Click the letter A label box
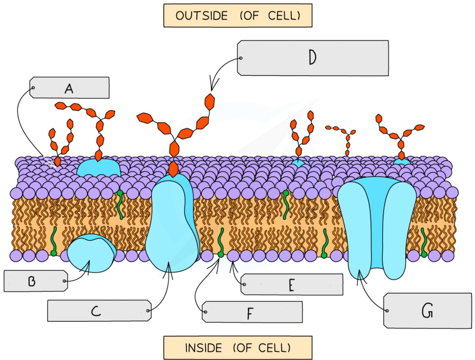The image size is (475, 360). tap(69, 88)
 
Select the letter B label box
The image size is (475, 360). tap(36, 281)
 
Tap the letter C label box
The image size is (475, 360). tap(98, 310)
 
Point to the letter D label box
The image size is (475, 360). tap(312, 58)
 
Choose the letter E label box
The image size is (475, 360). tap(291, 284)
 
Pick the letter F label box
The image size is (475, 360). tap(252, 312)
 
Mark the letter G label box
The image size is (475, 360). tap(427, 310)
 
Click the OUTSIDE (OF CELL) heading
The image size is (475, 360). tap(237, 16)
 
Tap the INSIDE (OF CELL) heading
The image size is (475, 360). tap(237, 348)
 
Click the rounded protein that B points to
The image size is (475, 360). tap(91, 253)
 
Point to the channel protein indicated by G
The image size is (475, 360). tap(376, 226)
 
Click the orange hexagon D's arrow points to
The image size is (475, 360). tap(210, 101)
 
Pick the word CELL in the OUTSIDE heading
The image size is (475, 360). tap(288, 16)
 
